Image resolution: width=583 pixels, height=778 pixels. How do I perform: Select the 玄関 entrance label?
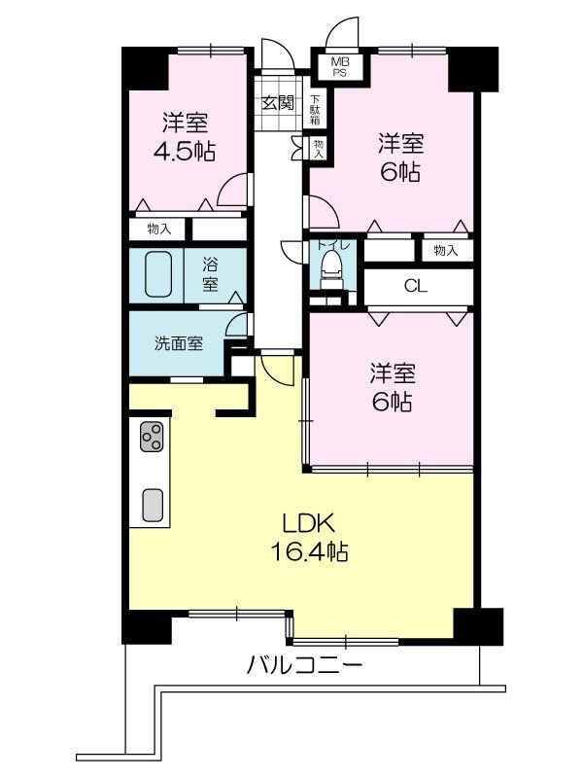tap(279, 101)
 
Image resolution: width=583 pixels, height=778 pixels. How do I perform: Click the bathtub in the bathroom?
tap(157, 275)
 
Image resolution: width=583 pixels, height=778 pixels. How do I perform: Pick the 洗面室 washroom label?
tap(179, 343)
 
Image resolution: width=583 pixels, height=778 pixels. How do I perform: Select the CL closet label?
tap(415, 286)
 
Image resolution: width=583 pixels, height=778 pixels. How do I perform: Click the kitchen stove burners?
tap(153, 438)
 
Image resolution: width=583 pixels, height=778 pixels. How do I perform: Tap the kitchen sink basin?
tap(153, 503)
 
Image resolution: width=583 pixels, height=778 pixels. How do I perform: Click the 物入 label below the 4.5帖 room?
tap(159, 230)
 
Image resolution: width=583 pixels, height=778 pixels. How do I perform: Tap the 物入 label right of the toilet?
tap(445, 251)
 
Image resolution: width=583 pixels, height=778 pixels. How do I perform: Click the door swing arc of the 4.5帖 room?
tap(232, 191)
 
